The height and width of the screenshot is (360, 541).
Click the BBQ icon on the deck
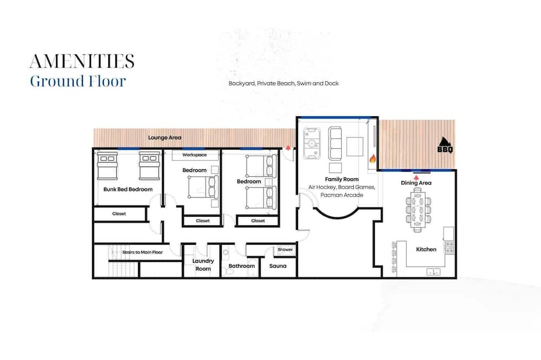coord(445,145)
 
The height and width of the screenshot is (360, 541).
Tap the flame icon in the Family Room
coord(372,158)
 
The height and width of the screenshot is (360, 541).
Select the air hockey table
coord(312,143)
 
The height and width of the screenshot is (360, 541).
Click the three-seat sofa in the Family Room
coord(335,143)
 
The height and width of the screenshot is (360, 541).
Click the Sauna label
coord(278,266)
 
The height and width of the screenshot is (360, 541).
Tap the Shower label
coord(285,249)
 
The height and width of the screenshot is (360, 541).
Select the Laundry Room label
coord(203,265)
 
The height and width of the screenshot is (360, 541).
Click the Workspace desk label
coord(195,155)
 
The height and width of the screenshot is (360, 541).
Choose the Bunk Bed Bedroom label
coord(128,189)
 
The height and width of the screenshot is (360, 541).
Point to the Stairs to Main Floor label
coord(142,252)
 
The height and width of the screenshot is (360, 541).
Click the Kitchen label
coord(426,249)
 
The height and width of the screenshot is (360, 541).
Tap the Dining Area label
coord(416,183)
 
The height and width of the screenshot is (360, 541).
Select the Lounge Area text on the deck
coord(164,138)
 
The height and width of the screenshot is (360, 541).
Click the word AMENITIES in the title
coord(82,62)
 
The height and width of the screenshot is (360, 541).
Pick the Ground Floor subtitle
coord(78,82)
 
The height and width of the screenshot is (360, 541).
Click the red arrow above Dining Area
coord(417,177)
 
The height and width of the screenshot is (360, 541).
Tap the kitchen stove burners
coord(449,248)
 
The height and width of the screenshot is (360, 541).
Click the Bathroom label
coord(241,266)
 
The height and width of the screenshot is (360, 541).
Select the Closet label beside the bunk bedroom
coord(119,214)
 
